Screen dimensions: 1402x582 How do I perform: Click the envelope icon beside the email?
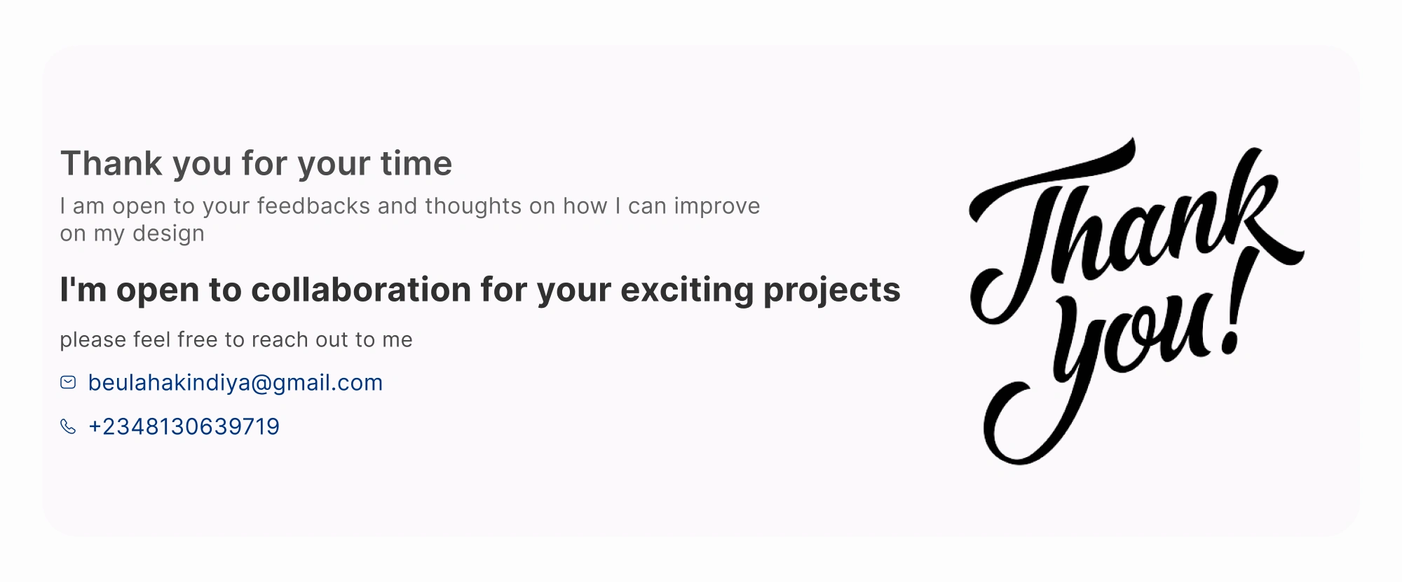click(68, 382)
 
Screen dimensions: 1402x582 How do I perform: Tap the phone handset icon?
click(68, 426)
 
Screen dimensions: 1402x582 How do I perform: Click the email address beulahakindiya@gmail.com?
click(236, 383)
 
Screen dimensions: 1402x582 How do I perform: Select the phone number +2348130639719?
click(184, 426)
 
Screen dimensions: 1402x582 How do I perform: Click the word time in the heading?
click(416, 163)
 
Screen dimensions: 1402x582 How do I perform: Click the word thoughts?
click(473, 207)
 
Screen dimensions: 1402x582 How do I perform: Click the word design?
click(168, 234)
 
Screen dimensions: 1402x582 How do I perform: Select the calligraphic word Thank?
click(1136, 231)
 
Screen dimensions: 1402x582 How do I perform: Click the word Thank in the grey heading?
click(111, 163)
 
